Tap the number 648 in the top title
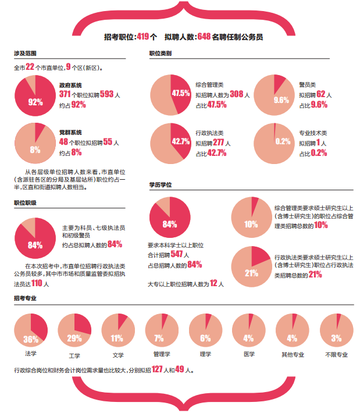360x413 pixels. (x=204, y=37)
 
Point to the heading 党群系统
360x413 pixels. (x=70, y=132)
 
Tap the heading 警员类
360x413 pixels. (x=308, y=84)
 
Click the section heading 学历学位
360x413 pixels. (x=160, y=184)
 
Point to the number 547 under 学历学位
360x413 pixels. (x=176, y=255)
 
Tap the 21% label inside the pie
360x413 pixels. (x=251, y=273)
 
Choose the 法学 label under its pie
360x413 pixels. (x=31, y=353)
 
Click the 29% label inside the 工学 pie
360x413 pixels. (x=74, y=339)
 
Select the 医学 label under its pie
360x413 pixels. (x=249, y=353)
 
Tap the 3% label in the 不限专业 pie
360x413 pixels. (x=336, y=339)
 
